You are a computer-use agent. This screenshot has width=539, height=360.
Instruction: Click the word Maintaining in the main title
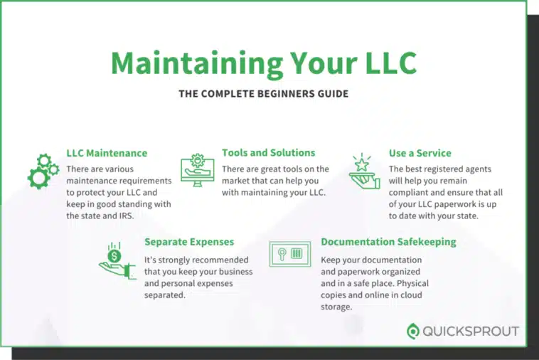(x=197, y=63)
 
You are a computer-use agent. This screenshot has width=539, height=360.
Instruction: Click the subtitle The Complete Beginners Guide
(x=264, y=93)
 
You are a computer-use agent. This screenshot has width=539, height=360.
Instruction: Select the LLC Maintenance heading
(x=107, y=153)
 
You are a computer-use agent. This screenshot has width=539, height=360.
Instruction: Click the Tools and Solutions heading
(x=269, y=153)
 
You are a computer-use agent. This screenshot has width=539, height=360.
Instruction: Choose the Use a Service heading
(x=420, y=153)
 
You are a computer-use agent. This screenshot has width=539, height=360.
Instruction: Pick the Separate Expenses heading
(x=189, y=242)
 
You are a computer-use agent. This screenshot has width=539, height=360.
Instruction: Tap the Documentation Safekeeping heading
(x=388, y=242)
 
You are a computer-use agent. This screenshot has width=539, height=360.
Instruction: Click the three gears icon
(x=43, y=171)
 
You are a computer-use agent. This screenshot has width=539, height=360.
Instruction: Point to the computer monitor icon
(x=197, y=170)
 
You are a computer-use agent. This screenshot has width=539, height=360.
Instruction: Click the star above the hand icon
(x=362, y=164)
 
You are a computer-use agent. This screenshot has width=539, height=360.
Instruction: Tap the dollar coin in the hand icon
(x=114, y=256)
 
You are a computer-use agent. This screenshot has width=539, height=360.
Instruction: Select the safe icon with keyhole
(x=290, y=254)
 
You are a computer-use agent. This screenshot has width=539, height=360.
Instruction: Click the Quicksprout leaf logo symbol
(x=413, y=331)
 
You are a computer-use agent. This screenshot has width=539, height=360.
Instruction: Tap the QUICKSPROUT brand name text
(x=471, y=332)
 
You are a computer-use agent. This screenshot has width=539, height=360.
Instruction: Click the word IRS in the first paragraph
(x=126, y=216)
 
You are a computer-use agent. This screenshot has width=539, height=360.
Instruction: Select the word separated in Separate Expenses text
(x=165, y=295)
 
